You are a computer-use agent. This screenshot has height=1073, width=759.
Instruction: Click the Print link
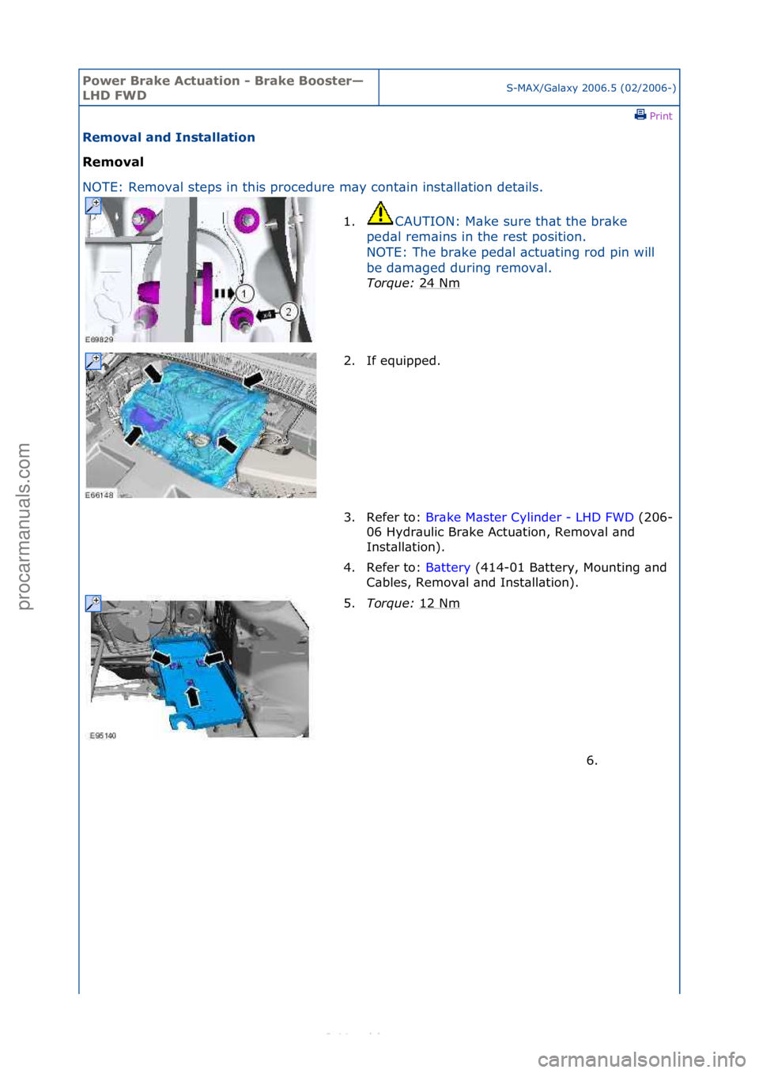click(654, 115)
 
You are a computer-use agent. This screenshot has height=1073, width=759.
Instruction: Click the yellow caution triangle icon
click(380, 213)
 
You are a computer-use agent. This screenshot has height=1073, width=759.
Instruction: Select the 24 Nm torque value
click(439, 283)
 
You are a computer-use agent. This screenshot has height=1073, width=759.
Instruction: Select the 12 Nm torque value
click(439, 603)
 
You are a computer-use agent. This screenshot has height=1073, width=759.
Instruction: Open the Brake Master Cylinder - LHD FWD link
click(529, 517)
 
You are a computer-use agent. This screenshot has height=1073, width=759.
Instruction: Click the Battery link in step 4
click(447, 567)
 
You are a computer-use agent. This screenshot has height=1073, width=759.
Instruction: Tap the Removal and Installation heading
click(168, 137)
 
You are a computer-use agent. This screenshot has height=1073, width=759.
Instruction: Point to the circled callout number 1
click(244, 294)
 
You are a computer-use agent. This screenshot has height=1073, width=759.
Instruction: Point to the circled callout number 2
click(289, 311)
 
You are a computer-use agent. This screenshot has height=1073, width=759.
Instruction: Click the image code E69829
click(100, 340)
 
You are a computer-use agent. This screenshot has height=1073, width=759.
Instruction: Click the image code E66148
click(100, 495)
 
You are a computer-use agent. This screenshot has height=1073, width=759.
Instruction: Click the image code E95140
click(103, 736)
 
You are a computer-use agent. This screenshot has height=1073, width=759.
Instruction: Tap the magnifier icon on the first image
click(93, 205)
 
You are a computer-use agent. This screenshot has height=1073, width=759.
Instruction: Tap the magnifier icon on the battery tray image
click(93, 604)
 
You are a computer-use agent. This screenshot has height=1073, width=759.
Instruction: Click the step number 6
click(591, 760)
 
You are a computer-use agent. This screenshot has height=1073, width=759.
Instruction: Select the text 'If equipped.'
click(403, 361)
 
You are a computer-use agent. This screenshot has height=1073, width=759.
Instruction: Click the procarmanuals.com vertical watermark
click(24, 526)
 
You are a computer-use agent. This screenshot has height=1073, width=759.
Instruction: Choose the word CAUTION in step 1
click(425, 221)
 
